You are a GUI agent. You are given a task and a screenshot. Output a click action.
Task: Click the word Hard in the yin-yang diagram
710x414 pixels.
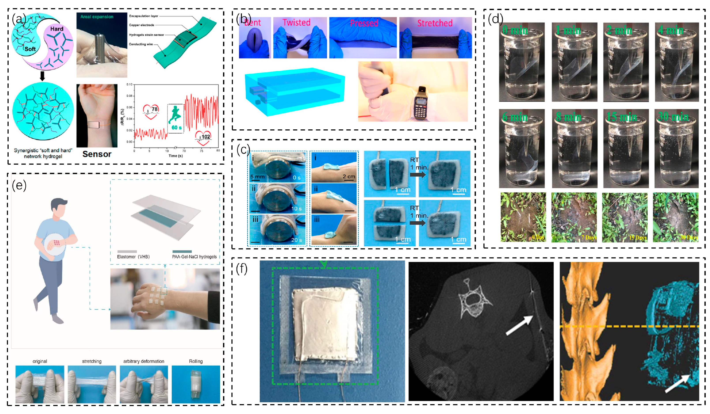pos(57,29)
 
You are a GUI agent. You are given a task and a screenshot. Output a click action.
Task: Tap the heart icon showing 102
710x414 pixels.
pos(203,137)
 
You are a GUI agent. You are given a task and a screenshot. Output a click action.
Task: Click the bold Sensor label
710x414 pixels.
pos(97,154)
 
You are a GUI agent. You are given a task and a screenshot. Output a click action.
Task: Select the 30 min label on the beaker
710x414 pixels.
pos(673,117)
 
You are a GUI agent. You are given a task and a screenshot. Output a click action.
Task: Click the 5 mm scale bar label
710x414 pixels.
pos(257,177)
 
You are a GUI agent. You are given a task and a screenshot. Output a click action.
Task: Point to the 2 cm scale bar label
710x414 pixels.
pos(349,177)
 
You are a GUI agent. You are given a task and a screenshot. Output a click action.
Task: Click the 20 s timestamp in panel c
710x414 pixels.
pos(296,240)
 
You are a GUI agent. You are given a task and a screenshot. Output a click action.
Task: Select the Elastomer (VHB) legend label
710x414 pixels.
pos(133,257)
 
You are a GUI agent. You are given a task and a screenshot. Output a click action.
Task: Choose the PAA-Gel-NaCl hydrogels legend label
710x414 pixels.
pos(194,257)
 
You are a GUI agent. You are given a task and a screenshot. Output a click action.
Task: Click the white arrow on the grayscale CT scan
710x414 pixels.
pos(519,326)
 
